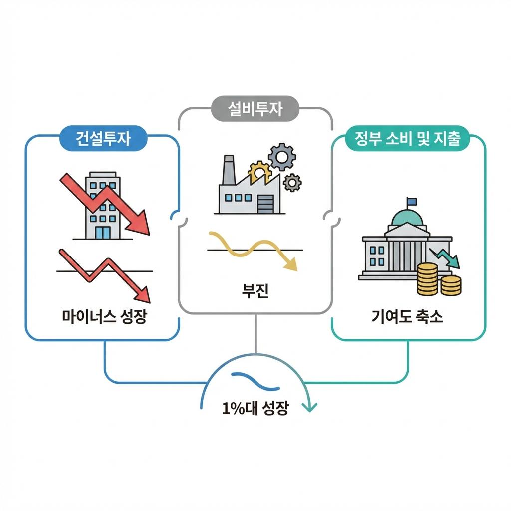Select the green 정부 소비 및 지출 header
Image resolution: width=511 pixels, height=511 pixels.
[408, 140]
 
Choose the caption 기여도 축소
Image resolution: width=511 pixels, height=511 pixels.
[407, 316]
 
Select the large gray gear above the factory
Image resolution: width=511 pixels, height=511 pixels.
[281, 157]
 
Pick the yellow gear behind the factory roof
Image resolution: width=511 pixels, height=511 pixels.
[259, 173]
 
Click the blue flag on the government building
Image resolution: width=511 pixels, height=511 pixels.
[412, 202]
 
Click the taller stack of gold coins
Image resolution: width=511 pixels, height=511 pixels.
[427, 278]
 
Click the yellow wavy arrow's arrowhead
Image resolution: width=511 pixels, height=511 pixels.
[290, 265]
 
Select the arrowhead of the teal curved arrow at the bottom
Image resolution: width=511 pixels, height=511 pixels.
[310, 407]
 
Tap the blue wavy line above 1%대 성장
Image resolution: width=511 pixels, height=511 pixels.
[255, 382]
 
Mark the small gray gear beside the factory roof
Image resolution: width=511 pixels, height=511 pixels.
[292, 182]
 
